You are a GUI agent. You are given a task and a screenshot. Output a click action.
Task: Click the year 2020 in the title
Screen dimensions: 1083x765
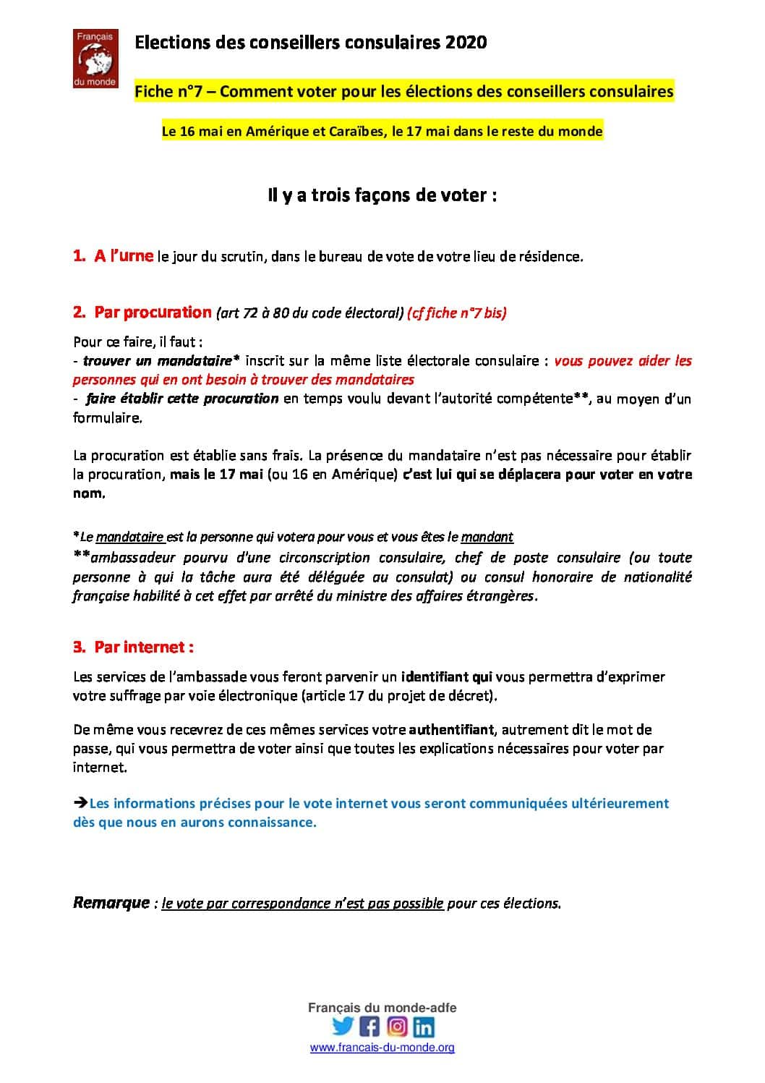click(x=466, y=43)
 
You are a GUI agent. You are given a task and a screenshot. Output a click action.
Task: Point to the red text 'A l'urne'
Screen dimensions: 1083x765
click(x=124, y=255)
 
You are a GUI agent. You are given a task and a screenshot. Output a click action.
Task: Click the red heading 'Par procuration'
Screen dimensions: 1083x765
click(x=153, y=313)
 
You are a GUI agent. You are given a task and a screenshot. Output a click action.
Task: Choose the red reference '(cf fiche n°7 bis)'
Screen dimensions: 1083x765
click(x=457, y=313)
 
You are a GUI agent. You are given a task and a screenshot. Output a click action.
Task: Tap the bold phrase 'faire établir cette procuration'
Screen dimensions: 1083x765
click(x=181, y=399)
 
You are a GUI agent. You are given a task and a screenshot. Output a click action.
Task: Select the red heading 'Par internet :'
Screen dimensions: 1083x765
click(x=144, y=647)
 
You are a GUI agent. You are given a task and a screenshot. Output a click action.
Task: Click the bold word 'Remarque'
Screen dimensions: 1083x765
click(x=111, y=903)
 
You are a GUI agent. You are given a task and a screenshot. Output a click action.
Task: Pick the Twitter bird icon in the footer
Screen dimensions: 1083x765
click(x=343, y=1027)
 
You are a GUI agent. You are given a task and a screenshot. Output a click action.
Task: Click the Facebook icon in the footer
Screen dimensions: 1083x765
click(x=369, y=1027)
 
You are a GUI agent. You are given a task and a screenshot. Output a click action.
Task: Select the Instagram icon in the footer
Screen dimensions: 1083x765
click(x=396, y=1027)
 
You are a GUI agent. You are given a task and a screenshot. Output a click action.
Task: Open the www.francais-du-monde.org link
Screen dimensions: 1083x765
click(x=382, y=1048)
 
